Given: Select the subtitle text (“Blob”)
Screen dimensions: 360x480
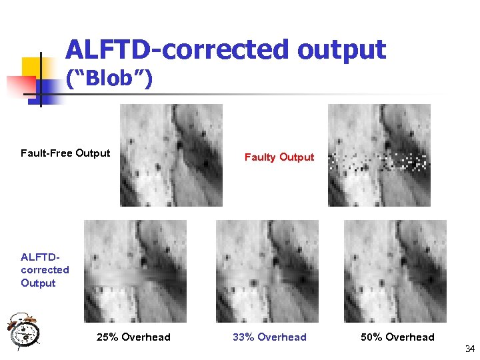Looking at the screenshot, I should [x=109, y=80].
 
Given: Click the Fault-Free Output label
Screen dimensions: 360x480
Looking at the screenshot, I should [x=65, y=153].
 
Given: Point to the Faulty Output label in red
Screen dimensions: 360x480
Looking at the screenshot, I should [x=279, y=157].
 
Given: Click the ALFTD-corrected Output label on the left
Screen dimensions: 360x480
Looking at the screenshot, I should [x=45, y=270].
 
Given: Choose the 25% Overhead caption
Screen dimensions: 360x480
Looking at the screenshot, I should [x=133, y=337].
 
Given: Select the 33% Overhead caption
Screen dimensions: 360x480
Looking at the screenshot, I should [x=269, y=337].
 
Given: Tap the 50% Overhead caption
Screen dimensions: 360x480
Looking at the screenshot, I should [x=397, y=337].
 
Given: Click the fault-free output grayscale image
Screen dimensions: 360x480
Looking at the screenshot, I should [x=171, y=155].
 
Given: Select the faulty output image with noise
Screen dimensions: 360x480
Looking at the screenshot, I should [x=379, y=155].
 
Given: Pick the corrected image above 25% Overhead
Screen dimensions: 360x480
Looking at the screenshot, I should [x=135, y=271].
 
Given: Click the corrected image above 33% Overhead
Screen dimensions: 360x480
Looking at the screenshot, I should [x=267, y=271].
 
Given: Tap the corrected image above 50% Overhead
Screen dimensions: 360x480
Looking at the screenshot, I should [x=395, y=271].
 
